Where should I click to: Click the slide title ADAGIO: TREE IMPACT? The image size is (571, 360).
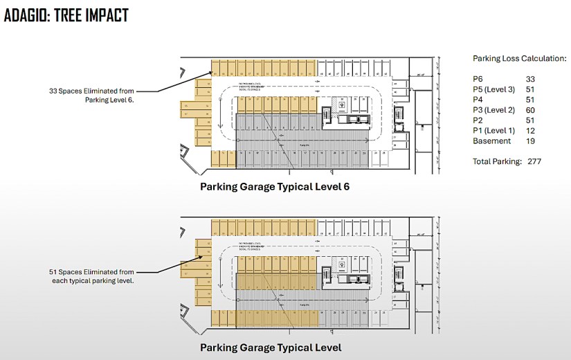[x=66, y=15]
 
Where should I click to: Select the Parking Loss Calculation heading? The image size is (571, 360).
[x=519, y=58]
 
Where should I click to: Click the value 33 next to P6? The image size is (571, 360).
[x=530, y=80]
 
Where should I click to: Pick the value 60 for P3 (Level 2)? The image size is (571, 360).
[x=530, y=110]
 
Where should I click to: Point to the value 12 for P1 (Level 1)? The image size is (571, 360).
[x=530, y=131]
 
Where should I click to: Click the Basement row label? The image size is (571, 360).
[x=491, y=141]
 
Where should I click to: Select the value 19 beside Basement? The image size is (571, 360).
[x=530, y=141]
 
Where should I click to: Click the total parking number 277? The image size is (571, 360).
[x=533, y=161]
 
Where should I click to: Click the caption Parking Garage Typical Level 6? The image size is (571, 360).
[x=280, y=186]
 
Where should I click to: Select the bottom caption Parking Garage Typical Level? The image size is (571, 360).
[x=271, y=347]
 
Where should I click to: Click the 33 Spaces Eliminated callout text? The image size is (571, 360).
[x=91, y=96]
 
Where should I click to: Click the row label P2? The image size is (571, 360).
[x=478, y=120]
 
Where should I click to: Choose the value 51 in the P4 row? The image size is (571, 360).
[x=530, y=100]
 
